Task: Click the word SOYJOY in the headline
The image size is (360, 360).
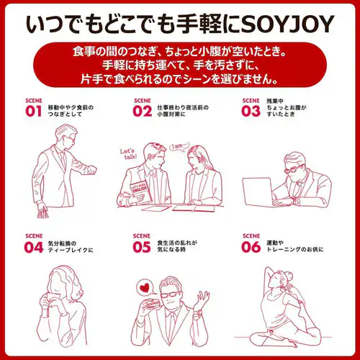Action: click(x=287, y=24)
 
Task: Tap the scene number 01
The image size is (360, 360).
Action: click(x=33, y=112)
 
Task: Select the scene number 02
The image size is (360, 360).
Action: click(x=143, y=112)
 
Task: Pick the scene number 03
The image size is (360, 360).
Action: click(x=251, y=112)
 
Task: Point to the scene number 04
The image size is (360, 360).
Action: click(x=34, y=248)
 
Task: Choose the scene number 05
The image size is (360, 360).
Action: click(x=142, y=248)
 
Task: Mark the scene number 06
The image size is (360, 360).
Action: click(x=251, y=248)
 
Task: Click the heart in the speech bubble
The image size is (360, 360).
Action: click(x=145, y=288)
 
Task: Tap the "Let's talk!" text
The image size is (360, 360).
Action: click(x=129, y=154)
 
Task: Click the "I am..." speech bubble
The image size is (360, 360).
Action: click(x=179, y=146)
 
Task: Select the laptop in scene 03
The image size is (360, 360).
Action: click(x=257, y=192)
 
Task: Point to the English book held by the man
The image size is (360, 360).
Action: click(x=141, y=192)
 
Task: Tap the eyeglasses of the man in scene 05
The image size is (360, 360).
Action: click(x=170, y=294)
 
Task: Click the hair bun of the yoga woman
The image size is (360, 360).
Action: click(x=288, y=276)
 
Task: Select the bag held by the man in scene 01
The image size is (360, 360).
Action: click(x=43, y=214)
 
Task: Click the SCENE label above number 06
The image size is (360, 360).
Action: click(x=251, y=236)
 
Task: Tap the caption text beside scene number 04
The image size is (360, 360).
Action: click(x=71, y=247)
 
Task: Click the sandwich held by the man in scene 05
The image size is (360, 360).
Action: click(x=151, y=304)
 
